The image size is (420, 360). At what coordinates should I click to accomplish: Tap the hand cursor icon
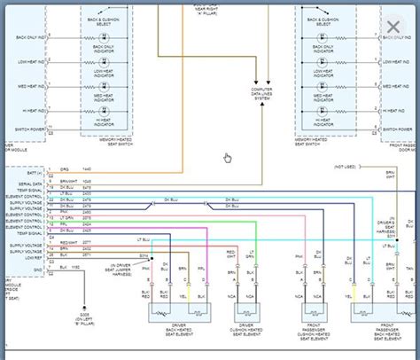(227, 158)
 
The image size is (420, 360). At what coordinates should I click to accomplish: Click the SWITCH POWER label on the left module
(29, 129)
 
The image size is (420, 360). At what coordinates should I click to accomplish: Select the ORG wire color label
(64, 168)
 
